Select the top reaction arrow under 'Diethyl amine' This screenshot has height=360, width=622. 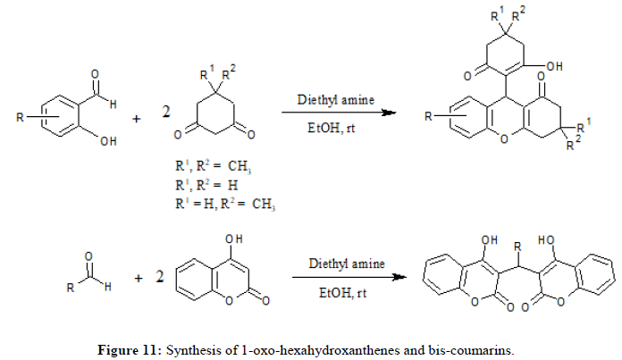pyautogui.click(x=339, y=113)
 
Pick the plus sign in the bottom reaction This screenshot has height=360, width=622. pyautogui.click(x=139, y=279)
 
